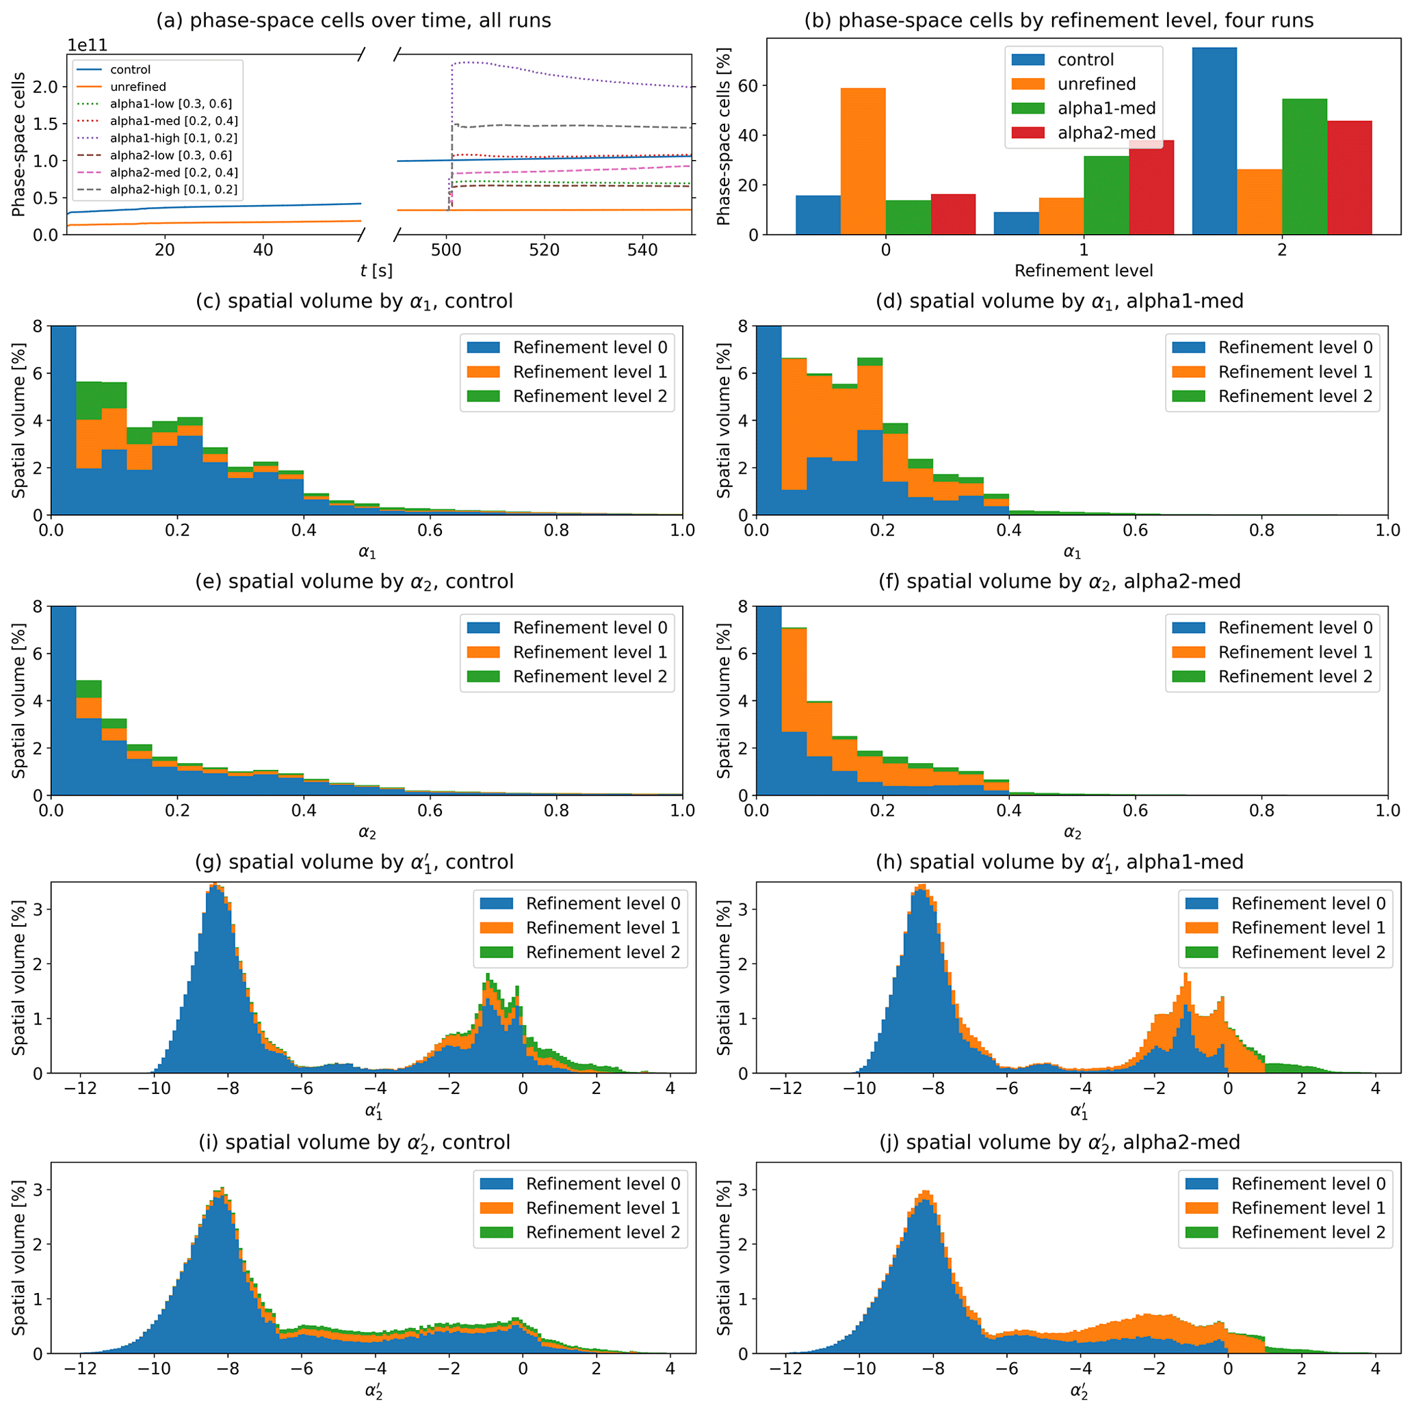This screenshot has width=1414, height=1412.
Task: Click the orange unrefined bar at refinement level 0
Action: [862, 161]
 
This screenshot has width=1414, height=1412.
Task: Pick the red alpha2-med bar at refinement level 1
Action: [1151, 187]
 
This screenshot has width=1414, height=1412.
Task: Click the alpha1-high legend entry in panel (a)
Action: [174, 138]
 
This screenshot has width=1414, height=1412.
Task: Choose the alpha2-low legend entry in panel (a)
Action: [170, 155]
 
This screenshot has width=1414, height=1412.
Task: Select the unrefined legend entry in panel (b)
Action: [1096, 84]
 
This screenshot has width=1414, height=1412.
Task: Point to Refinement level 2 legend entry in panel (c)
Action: [589, 396]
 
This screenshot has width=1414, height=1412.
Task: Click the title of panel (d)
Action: [1059, 302]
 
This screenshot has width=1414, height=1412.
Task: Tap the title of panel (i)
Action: [354, 1142]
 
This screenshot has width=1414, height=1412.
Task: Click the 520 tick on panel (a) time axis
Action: [544, 250]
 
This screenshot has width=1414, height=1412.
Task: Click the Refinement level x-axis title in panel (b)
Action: [1083, 271]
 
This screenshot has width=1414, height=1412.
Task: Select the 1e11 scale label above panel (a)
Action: [87, 45]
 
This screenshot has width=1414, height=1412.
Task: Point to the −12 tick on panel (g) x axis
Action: [80, 1088]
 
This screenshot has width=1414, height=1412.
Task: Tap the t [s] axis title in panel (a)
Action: [376, 271]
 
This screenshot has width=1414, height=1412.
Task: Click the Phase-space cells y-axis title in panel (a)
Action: [18, 144]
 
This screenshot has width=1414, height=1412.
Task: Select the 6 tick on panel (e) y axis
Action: [36, 653]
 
